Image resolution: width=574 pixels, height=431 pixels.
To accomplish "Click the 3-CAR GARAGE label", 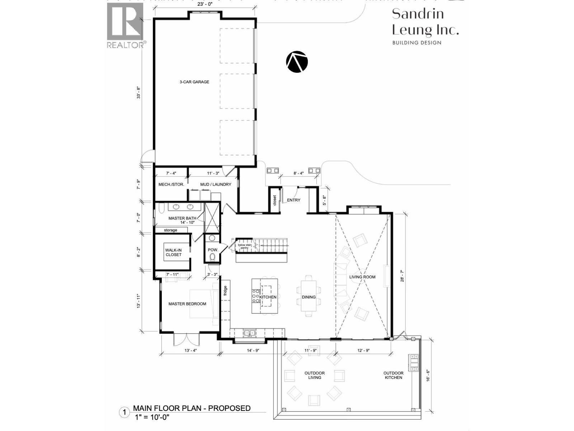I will click(x=194, y=82).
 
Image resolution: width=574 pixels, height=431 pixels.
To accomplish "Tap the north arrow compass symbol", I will click(x=297, y=62).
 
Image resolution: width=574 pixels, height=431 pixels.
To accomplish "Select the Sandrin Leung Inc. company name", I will click(x=425, y=22).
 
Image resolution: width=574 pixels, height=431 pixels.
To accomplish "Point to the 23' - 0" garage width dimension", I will click(x=205, y=4).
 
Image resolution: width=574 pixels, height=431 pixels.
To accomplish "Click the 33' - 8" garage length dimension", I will click(x=138, y=92).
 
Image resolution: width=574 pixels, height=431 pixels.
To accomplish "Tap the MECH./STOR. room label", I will click(x=171, y=184).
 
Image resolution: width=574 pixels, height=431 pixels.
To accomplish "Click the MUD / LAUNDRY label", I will click(x=216, y=184).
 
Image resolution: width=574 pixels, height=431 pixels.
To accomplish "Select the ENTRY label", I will click(x=293, y=200).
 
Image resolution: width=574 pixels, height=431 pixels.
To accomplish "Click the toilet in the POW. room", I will click(x=212, y=257).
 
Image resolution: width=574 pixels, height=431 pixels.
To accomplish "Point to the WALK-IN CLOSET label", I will click(x=174, y=252).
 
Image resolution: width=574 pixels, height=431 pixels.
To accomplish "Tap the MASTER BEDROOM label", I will click(x=187, y=304).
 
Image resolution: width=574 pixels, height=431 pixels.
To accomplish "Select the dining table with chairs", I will click(x=309, y=296).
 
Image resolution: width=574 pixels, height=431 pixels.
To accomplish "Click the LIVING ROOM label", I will click(x=362, y=277).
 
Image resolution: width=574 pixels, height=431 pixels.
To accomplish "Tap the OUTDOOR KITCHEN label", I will click(x=393, y=375).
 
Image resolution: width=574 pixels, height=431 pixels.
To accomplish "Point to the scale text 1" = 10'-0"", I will click(x=152, y=417).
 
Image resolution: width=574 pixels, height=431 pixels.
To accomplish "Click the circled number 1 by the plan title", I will click(x=124, y=413).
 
